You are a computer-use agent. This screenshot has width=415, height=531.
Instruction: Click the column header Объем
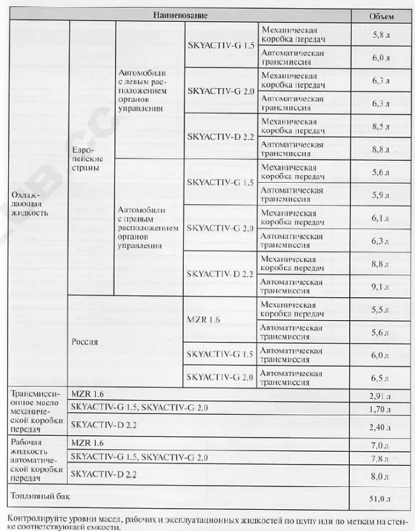point(381,15)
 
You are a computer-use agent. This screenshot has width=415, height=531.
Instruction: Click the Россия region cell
point(85,341)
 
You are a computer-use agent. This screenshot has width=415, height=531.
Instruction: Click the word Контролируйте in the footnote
point(32,516)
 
